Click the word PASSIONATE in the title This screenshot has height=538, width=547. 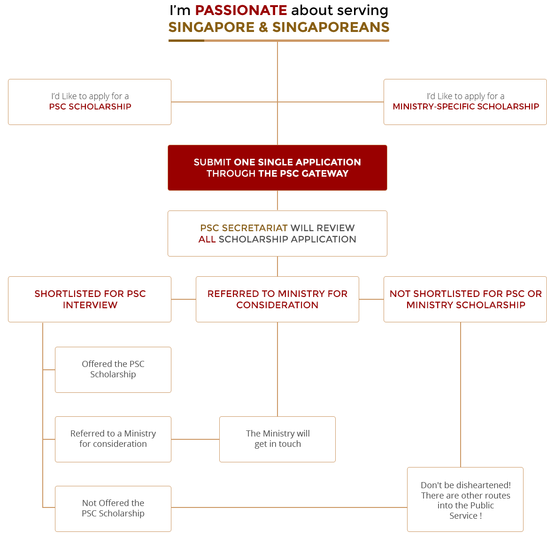coord(241,10)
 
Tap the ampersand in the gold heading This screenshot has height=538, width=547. coord(263,27)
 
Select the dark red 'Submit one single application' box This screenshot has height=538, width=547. coord(277,168)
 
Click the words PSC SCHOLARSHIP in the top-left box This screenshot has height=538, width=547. coord(90,107)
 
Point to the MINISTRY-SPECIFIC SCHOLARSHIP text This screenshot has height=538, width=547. coord(466,107)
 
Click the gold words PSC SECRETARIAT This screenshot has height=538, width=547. coord(244,228)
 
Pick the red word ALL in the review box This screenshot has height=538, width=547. coord(207,239)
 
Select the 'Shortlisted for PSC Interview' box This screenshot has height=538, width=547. coord(90,299)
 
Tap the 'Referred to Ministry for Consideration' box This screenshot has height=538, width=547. coord(277,299)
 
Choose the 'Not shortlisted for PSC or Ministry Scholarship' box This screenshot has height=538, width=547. coord(465,299)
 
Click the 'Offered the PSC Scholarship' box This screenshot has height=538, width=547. coord(113,370)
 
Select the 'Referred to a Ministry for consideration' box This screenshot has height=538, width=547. coord(113,439)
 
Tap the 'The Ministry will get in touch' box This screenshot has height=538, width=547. coord(277,439)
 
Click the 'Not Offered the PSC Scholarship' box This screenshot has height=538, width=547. coord(113,509)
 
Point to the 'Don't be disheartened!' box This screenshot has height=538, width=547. coord(465,499)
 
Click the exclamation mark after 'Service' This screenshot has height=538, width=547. coord(481,515)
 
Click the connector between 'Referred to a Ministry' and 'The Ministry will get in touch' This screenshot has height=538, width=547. coord(195,439)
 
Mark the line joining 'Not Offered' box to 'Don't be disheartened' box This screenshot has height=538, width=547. coord(289,507)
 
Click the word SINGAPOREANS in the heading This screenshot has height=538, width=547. coord(331,27)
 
